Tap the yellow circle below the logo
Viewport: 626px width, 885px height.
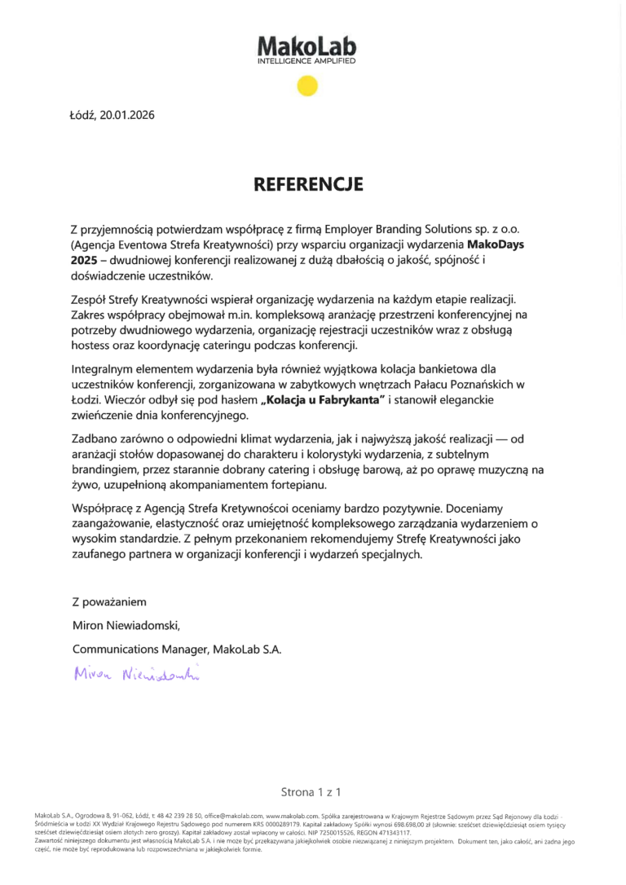pyautogui.click(x=306, y=86)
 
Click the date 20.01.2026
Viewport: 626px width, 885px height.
pyautogui.click(x=127, y=115)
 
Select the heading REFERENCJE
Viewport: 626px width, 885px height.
pyautogui.click(x=306, y=184)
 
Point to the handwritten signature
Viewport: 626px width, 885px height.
pyautogui.click(x=135, y=673)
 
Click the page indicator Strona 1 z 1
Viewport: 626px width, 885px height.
pyautogui.click(x=310, y=791)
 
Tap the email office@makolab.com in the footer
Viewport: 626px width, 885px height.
pyautogui.click(x=233, y=815)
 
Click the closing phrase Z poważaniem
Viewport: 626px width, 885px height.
pyautogui.click(x=108, y=602)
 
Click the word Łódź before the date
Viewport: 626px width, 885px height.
pyautogui.click(x=82, y=115)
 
